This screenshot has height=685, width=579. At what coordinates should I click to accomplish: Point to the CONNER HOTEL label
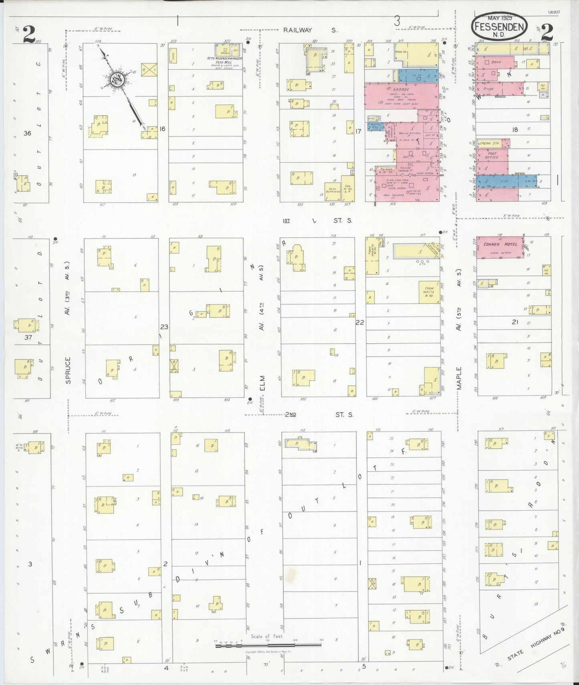[500, 244]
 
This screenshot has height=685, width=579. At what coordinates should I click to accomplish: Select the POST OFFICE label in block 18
[492, 155]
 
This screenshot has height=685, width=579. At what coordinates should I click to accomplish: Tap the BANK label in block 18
[496, 62]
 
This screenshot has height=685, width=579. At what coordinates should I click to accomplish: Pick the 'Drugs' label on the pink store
[488, 89]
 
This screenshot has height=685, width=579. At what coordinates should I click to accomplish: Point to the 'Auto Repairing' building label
[332, 190]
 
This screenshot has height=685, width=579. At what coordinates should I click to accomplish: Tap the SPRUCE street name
[68, 370]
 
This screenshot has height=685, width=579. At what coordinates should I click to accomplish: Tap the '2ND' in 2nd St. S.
[290, 414]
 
